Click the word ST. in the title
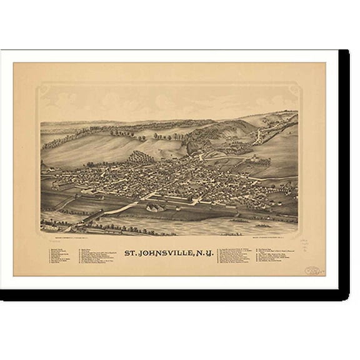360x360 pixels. coord(133,253)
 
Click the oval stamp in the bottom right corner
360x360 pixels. coord(312,271)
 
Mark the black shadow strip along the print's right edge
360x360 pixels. coord(344,169)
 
